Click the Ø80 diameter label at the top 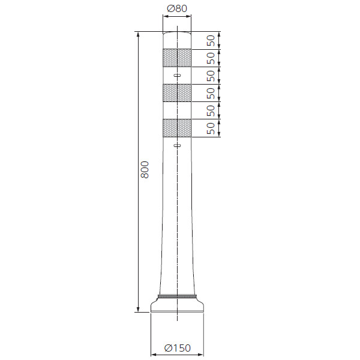tap(177, 9)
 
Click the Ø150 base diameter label tap(178, 348)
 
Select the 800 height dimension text tap(145, 170)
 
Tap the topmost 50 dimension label tap(211, 40)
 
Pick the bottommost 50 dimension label tap(211, 128)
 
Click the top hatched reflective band tap(177, 58)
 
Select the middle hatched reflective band tap(177, 93)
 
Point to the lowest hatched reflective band tap(177, 128)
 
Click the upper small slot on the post tap(177, 75)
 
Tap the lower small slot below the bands tap(177, 145)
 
